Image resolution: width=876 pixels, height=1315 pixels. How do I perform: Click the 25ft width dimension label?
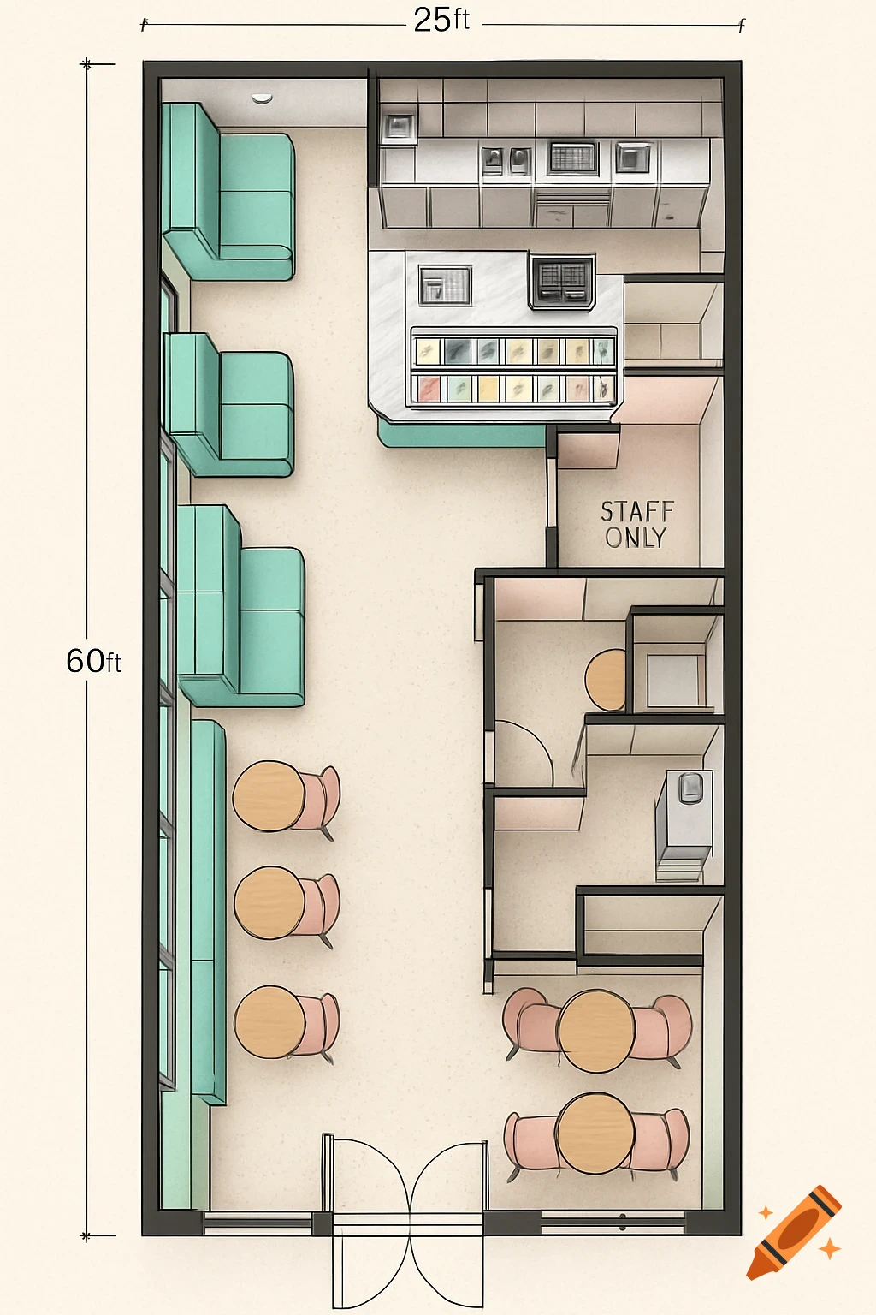point(441,20)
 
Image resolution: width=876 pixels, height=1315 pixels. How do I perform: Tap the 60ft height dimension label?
point(93,661)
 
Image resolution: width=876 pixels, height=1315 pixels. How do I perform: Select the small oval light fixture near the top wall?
point(262,98)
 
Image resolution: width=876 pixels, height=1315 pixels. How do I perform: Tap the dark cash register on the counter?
point(562,281)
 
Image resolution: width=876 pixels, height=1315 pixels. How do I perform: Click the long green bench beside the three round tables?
point(208,912)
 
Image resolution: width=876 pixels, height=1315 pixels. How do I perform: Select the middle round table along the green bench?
point(269,904)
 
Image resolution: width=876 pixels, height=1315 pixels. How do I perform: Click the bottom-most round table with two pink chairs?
point(595,1134)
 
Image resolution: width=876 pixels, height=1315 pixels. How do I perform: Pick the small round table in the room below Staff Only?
point(607,680)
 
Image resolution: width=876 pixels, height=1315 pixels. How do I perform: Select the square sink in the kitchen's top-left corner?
point(399,128)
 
